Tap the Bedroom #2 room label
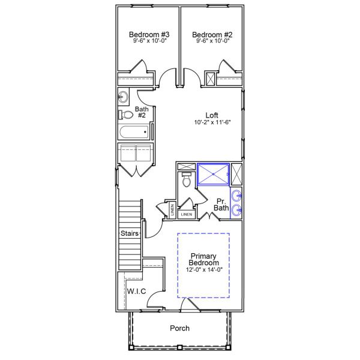(212, 35)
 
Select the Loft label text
(212, 115)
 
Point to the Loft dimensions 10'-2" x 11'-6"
(212, 122)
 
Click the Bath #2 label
(141, 112)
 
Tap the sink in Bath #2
(124, 96)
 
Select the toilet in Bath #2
(126, 115)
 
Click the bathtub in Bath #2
(135, 133)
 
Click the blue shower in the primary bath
(213, 173)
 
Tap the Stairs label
(130, 233)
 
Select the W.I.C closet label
(136, 291)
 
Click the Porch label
(179, 328)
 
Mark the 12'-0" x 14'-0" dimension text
(204, 270)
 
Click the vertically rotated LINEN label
(172, 210)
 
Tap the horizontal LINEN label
(187, 214)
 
